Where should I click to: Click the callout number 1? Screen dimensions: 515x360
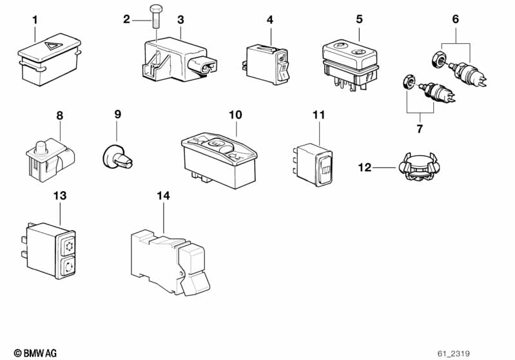[x=35, y=20]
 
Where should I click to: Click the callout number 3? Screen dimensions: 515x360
[x=180, y=20]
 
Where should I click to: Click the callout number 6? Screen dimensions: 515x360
[x=455, y=19]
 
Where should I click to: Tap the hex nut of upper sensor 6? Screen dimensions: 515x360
[x=438, y=59]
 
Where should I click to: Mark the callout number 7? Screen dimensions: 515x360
[x=420, y=129]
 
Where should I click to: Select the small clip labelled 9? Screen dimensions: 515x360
[x=117, y=158]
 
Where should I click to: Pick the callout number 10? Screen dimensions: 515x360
[x=235, y=115]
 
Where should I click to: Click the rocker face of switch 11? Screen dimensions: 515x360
[x=324, y=170]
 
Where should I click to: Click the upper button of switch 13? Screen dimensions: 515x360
[x=68, y=245]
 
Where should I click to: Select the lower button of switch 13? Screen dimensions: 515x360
[x=68, y=267]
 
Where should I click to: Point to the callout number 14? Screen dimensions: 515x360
[x=163, y=196]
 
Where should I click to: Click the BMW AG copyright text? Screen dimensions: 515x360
[x=35, y=353]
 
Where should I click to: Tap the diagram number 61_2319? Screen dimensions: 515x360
[x=454, y=354]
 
